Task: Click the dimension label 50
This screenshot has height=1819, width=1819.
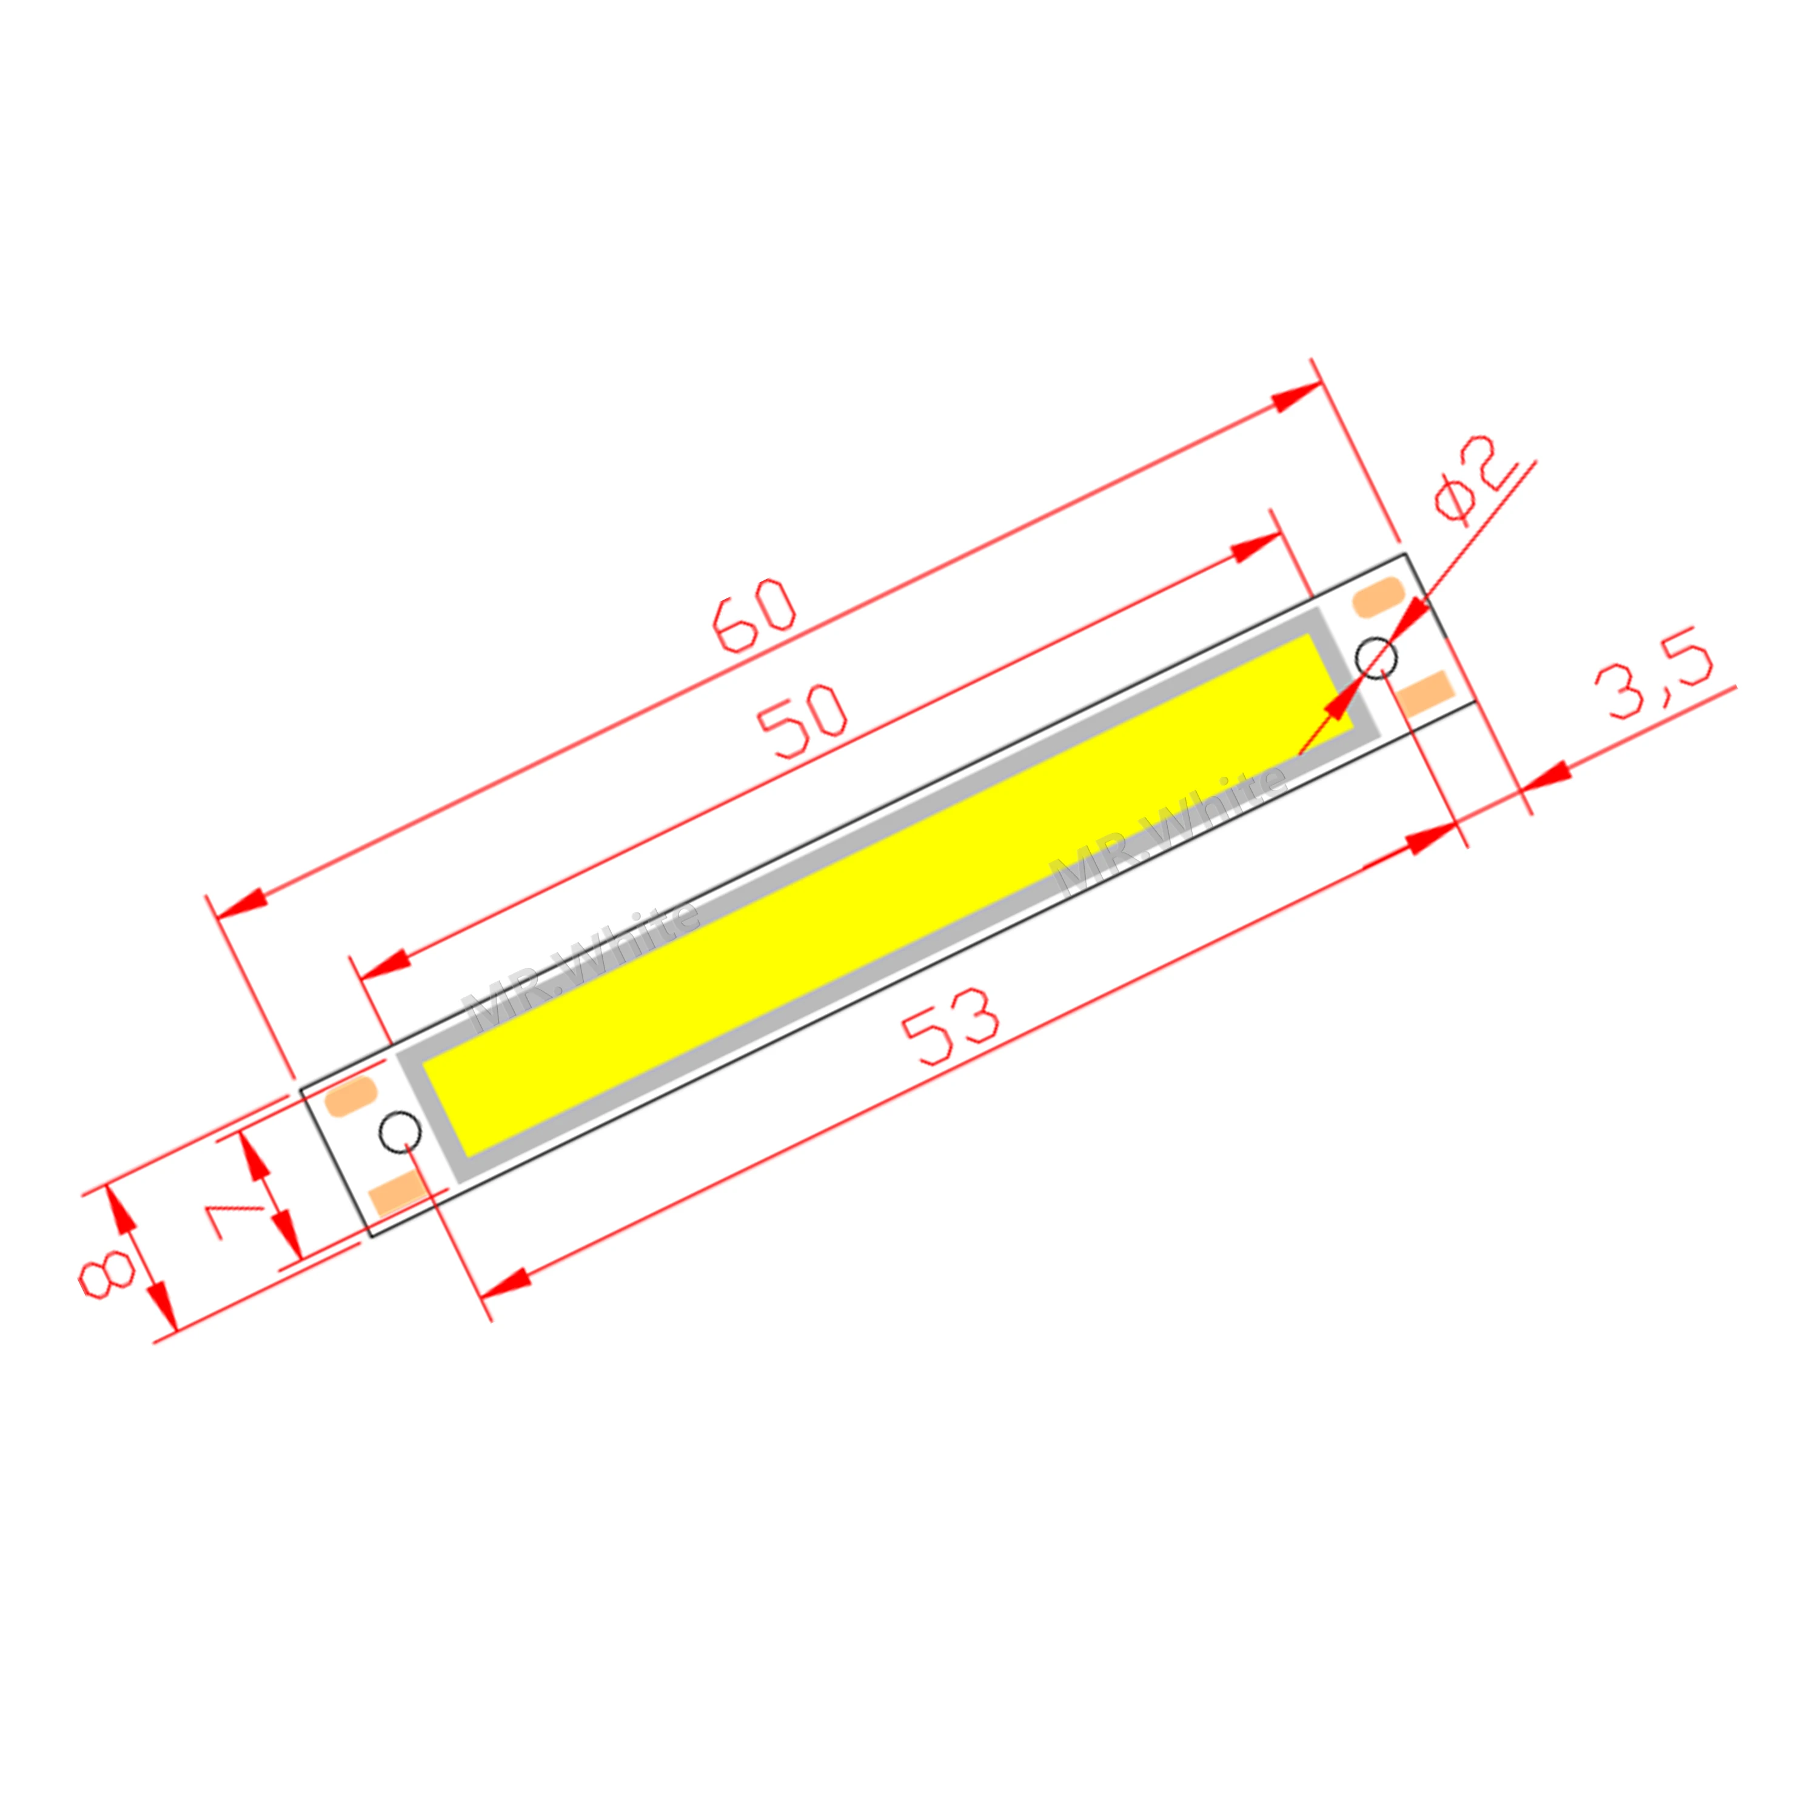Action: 802,721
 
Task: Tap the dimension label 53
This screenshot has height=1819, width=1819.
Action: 949,1027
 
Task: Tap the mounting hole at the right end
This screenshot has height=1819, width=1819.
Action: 1376,657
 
